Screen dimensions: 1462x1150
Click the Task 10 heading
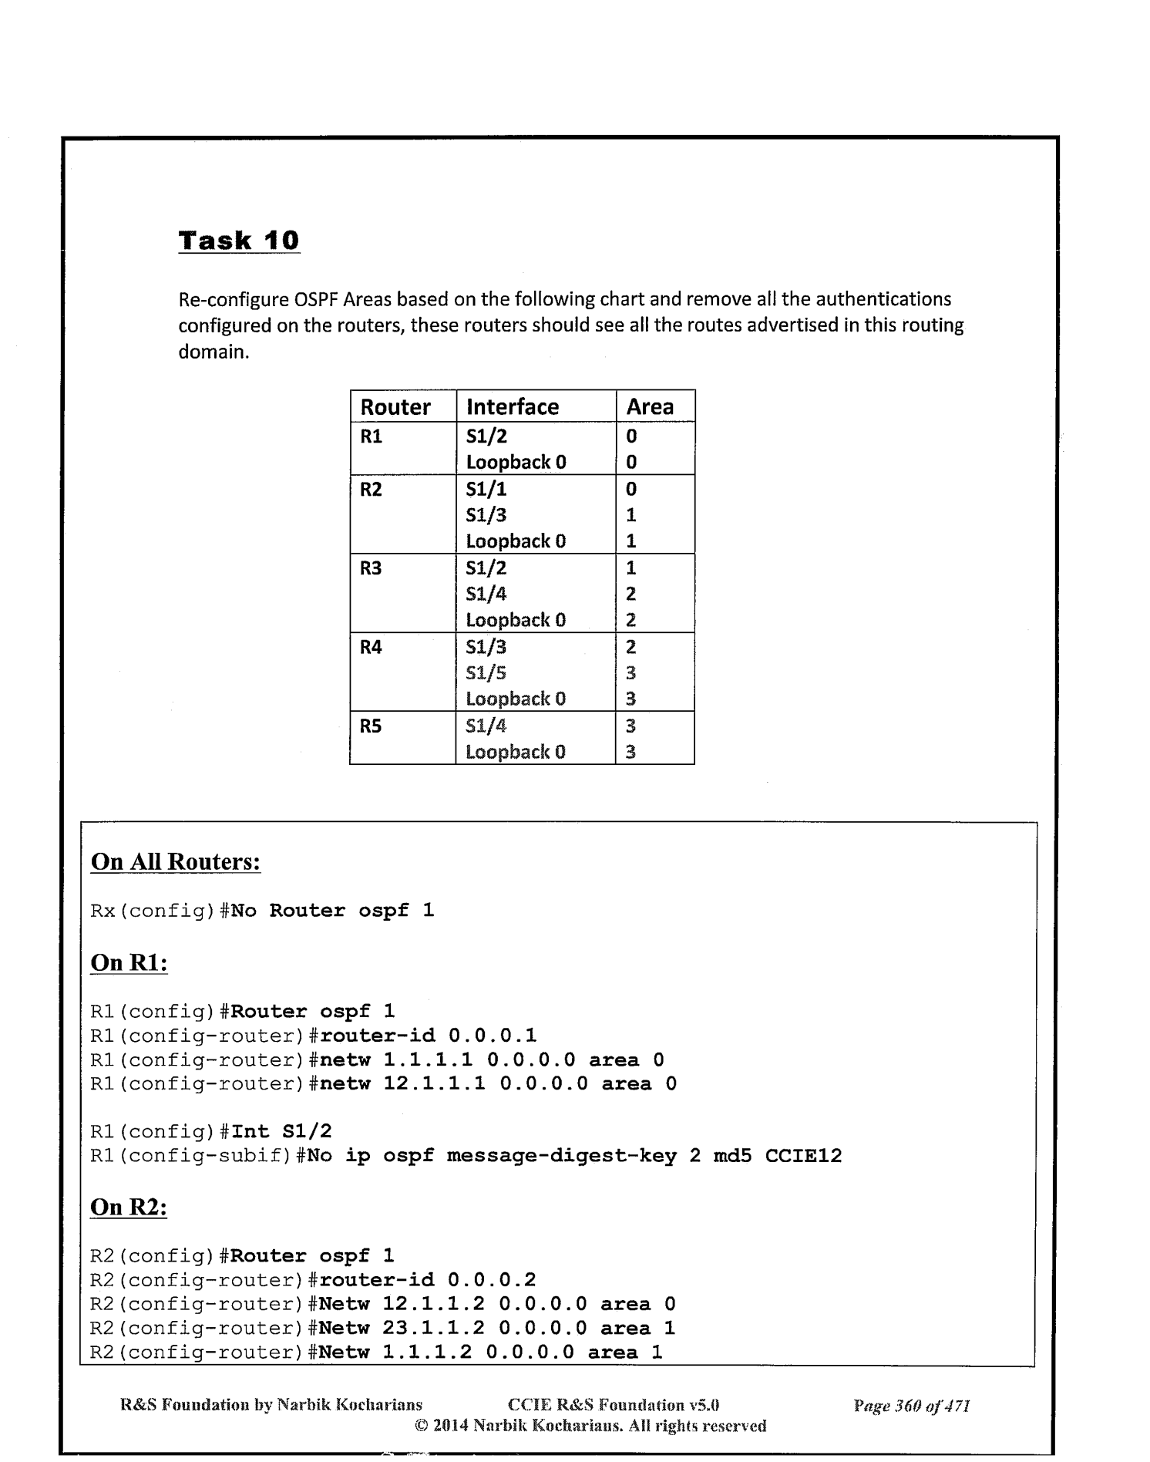click(238, 241)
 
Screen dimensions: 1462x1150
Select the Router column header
click(395, 406)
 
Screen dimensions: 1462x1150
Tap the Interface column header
click(513, 406)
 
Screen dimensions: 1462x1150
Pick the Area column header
click(650, 406)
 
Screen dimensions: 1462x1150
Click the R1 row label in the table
click(371, 436)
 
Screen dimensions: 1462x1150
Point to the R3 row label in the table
click(371, 568)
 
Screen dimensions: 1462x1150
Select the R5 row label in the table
click(371, 726)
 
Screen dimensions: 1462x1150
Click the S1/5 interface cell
click(486, 673)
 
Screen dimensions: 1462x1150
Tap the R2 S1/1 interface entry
click(486, 489)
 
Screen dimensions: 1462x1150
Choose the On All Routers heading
click(176, 861)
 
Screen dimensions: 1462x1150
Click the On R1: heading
click(129, 962)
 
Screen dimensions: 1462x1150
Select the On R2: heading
click(129, 1207)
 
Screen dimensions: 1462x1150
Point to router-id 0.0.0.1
click(428, 1036)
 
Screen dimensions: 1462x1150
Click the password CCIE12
click(803, 1156)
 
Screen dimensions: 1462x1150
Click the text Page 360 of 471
click(911, 1406)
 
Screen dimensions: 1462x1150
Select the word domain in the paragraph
click(214, 352)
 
